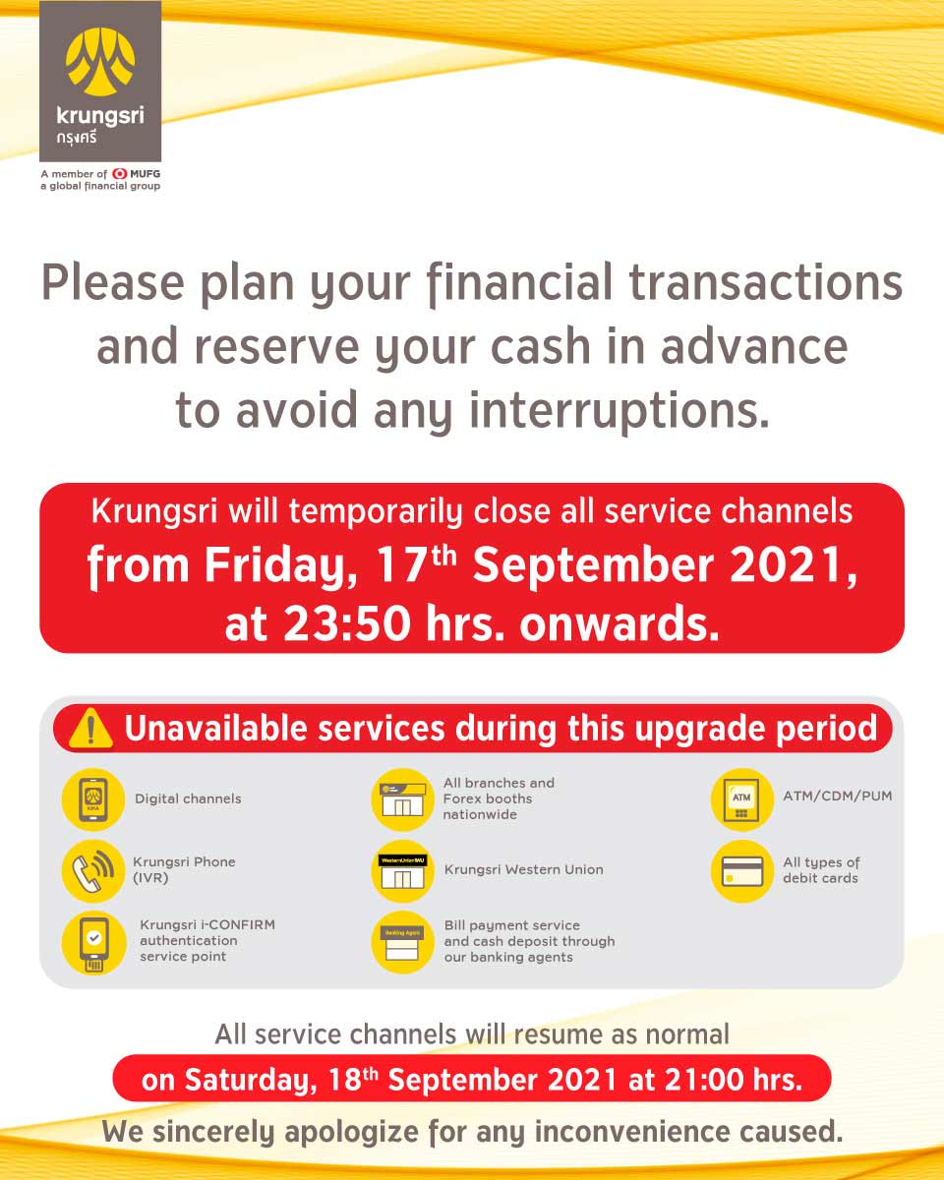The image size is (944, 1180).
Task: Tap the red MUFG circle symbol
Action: coord(119,174)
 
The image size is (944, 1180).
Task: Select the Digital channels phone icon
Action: coord(93,799)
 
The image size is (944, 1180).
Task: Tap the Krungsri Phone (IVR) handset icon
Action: coord(93,871)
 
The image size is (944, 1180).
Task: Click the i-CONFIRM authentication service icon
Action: coord(93,942)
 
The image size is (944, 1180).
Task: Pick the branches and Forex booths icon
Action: coord(402,799)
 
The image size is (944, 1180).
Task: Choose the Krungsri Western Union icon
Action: coord(402,871)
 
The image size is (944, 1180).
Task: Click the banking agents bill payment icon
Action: coord(402,942)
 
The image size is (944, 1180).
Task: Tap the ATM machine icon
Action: coord(741,799)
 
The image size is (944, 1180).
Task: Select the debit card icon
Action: coord(741,871)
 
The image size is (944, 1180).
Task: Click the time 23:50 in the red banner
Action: coord(347,624)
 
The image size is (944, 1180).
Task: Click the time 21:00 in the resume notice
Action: coord(704,1080)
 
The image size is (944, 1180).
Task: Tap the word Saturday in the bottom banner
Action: coord(251,1082)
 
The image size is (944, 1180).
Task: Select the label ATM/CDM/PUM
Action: coord(838,796)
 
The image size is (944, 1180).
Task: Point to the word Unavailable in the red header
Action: coord(215,729)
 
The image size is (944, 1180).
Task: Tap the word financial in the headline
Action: coord(519,283)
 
